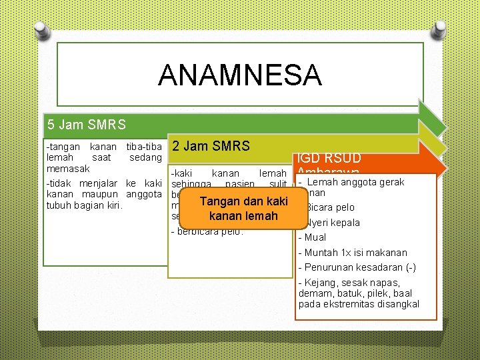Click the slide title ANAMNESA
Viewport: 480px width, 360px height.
tap(239, 75)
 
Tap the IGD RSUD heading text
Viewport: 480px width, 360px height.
tap(329, 158)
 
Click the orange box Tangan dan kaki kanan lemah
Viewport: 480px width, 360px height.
tap(243, 209)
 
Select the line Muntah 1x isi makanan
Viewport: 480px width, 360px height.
tap(355, 253)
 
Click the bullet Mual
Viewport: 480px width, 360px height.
tap(315, 237)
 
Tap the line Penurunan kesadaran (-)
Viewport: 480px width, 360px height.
tap(359, 267)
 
